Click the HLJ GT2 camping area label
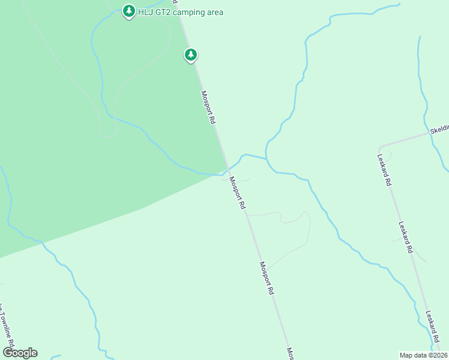(181, 12)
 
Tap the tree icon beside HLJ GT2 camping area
(128, 11)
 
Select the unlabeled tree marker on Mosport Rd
(191, 55)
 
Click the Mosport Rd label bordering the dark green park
(208, 107)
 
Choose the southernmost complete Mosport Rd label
(267, 277)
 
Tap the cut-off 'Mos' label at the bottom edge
(290, 353)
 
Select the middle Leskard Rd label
(406, 236)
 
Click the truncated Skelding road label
(439, 130)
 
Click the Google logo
(20, 353)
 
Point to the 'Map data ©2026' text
(423, 355)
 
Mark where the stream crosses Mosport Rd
(227, 170)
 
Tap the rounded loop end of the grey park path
(108, 134)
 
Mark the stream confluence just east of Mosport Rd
(266, 158)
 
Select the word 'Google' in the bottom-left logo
(20, 353)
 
